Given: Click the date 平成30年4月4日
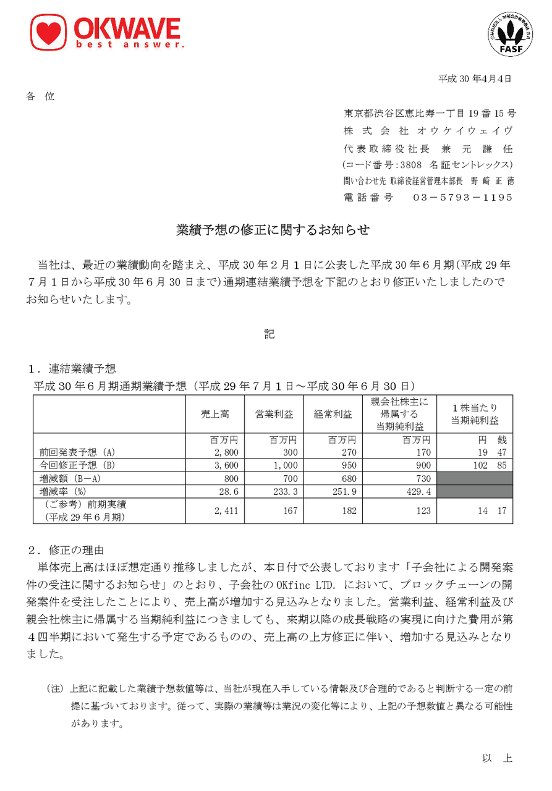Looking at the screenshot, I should coord(475,78).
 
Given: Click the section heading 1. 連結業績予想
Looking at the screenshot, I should coord(72,369).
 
